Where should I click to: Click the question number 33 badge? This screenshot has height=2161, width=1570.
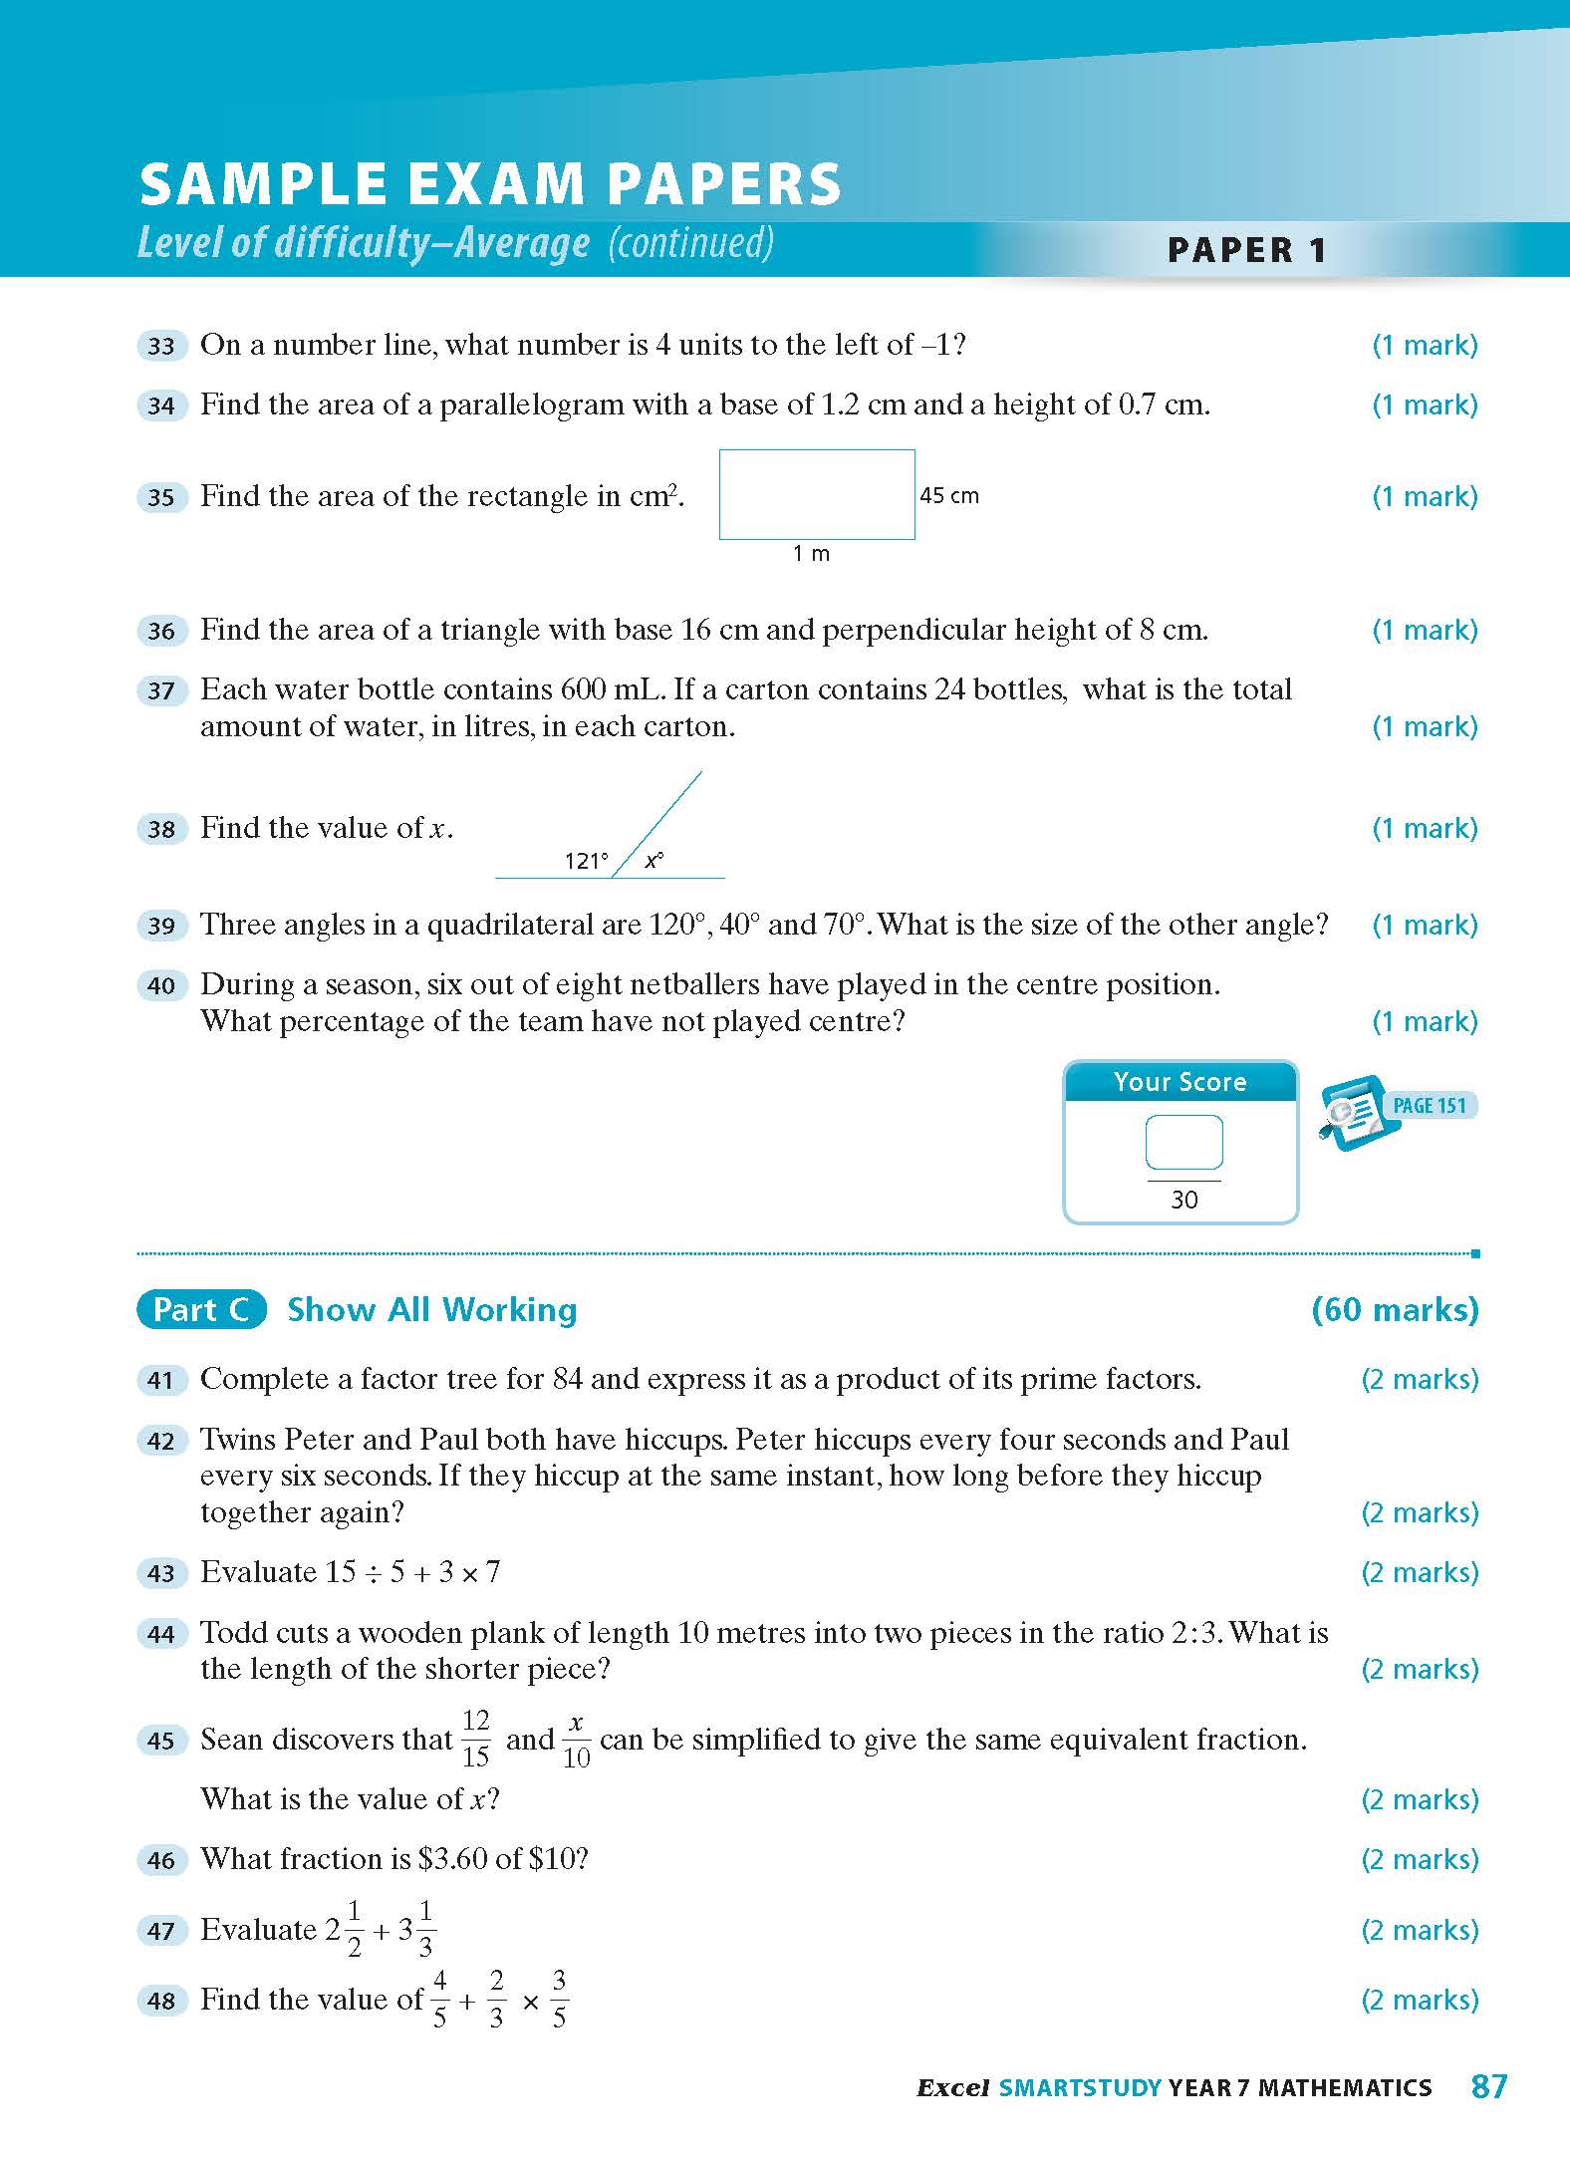[x=161, y=346]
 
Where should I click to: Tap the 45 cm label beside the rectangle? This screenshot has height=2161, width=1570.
[x=948, y=495]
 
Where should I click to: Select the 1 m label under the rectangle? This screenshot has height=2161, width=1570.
[x=811, y=554]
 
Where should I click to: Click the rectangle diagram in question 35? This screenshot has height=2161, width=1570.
[x=817, y=494]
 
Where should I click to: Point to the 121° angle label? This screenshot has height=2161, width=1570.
[x=586, y=861]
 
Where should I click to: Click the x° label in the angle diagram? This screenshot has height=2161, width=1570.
[x=654, y=860]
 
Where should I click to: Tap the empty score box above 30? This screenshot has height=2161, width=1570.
[x=1183, y=1142]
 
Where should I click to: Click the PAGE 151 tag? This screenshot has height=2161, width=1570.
[x=1429, y=1105]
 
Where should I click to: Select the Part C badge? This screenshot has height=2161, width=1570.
[x=201, y=1309]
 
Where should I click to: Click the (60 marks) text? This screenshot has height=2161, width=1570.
[x=1395, y=1309]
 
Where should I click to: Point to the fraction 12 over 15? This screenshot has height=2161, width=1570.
[x=476, y=1739]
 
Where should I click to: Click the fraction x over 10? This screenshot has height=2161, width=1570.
[x=576, y=1739]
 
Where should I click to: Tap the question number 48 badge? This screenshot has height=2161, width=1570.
[x=161, y=2001]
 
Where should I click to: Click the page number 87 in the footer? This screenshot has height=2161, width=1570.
[x=1489, y=2086]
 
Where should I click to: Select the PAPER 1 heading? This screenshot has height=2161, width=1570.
[x=1246, y=249]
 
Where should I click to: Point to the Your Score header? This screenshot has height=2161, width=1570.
[x=1180, y=1082]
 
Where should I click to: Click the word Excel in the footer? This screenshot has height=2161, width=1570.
[x=952, y=2088]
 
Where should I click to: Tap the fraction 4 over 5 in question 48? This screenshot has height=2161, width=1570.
[x=439, y=1999]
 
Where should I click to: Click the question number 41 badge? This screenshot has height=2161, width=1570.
[x=161, y=1380]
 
